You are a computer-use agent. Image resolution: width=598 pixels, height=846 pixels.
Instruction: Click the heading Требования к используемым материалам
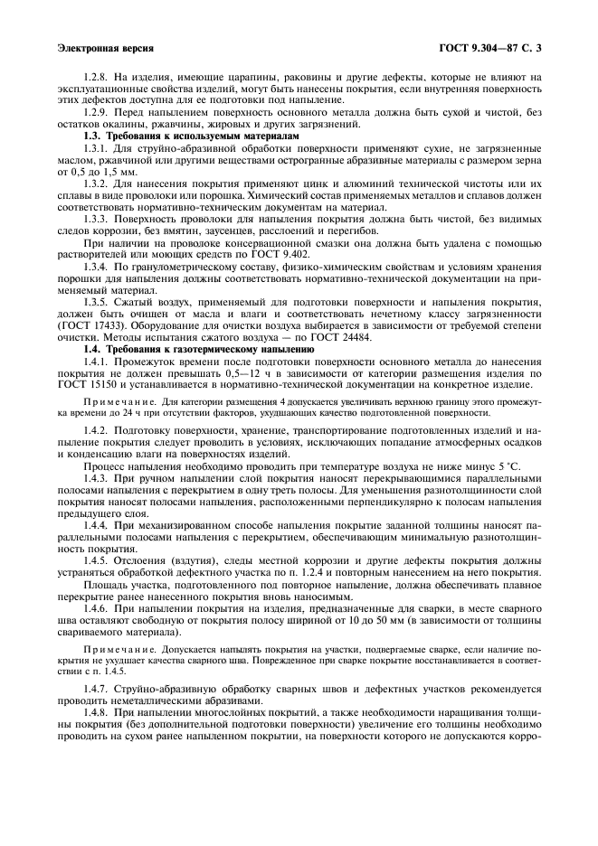coord(194,134)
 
